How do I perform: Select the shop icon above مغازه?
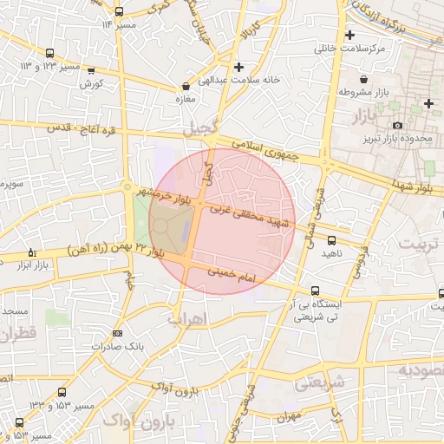click(186, 87)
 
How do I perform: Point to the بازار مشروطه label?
click(375, 92)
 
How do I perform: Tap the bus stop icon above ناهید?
click(331, 239)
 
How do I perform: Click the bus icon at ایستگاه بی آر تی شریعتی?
click(314, 291)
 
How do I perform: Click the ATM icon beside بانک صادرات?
click(117, 332)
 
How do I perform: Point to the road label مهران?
click(291, 415)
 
